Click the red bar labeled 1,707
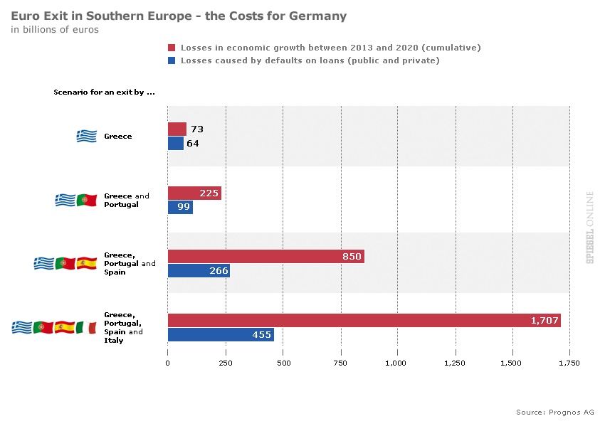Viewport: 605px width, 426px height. click(x=364, y=321)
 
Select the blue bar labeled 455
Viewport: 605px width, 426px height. click(x=221, y=335)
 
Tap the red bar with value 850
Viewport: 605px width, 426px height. click(x=265, y=257)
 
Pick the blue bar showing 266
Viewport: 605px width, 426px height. click(x=199, y=271)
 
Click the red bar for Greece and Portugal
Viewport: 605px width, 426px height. click(x=194, y=193)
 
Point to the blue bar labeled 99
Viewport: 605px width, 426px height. click(x=180, y=207)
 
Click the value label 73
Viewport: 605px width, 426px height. click(x=197, y=129)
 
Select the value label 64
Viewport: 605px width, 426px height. click(x=192, y=144)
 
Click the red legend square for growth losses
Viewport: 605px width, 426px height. click(x=171, y=48)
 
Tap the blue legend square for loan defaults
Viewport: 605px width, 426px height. click(x=171, y=61)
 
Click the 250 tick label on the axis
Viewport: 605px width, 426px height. click(x=225, y=363)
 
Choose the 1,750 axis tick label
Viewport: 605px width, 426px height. click(x=569, y=363)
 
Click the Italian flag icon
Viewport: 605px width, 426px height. click(x=86, y=327)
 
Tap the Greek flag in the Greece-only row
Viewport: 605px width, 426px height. click(x=86, y=136)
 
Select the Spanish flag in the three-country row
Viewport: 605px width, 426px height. click(x=86, y=263)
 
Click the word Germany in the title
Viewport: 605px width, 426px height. click(x=317, y=16)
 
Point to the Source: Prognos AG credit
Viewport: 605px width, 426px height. click(x=554, y=412)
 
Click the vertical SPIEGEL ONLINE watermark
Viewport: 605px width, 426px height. click(x=589, y=228)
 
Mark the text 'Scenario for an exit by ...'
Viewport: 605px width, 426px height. click(x=104, y=92)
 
